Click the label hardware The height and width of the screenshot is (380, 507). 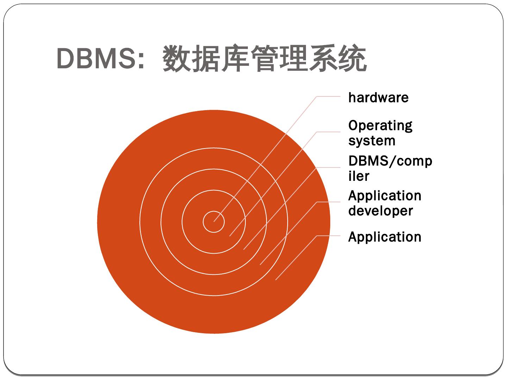[378, 97]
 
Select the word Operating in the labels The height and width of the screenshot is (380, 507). [380, 126]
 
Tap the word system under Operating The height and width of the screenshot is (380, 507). [372, 141]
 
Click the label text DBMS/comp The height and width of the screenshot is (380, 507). [390, 161]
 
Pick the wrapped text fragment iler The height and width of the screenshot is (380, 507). [359, 176]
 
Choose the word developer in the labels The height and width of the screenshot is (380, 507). [380, 211]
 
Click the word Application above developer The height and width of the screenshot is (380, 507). [384, 196]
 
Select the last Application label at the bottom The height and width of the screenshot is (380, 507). [384, 237]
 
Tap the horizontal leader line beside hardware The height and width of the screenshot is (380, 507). [328, 96]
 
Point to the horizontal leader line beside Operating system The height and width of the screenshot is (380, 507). [328, 132]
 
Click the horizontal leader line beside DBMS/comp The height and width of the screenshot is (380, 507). [328, 167]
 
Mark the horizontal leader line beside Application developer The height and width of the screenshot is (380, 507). [328, 202]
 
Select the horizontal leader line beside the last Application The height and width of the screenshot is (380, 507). [328, 236]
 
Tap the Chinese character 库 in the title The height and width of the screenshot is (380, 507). [235, 59]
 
